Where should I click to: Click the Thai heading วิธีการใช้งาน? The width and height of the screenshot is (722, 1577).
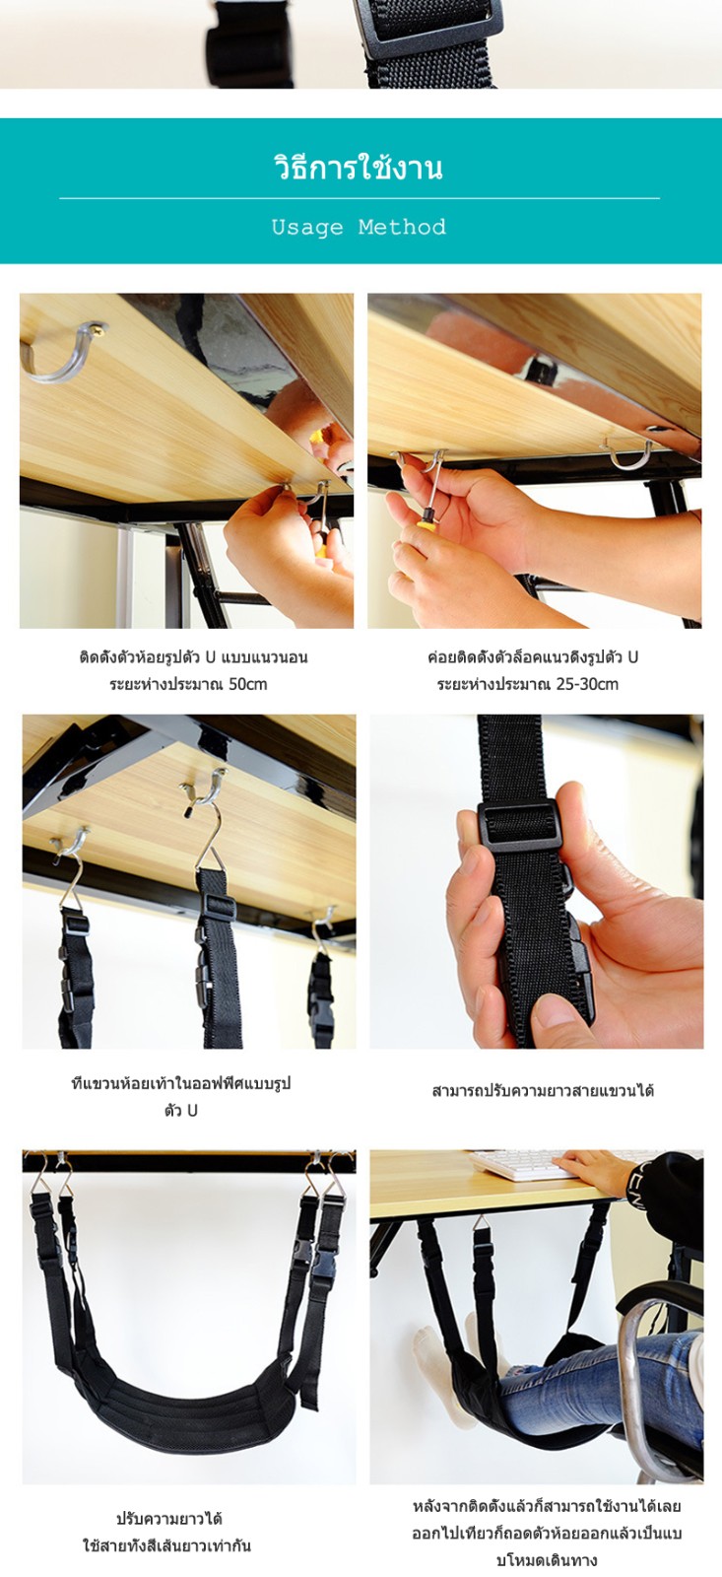pyautogui.click(x=359, y=167)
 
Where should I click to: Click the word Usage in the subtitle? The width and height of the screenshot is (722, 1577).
pyautogui.click(x=307, y=228)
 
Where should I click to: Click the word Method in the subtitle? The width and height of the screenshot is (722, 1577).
pyautogui.click(x=402, y=227)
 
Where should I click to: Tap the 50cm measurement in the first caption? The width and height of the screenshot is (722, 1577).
pyautogui.click(x=247, y=684)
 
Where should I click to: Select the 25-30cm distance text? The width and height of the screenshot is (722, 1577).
pyautogui.click(x=587, y=684)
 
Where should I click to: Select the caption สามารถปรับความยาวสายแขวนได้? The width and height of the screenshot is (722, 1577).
pyautogui.click(x=543, y=1090)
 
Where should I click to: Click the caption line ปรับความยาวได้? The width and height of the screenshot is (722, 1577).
pyautogui.click(x=168, y=1519)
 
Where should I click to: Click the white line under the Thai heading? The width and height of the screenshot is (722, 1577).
pyautogui.click(x=360, y=198)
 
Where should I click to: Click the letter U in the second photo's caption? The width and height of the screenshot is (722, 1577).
pyautogui.click(x=632, y=657)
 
